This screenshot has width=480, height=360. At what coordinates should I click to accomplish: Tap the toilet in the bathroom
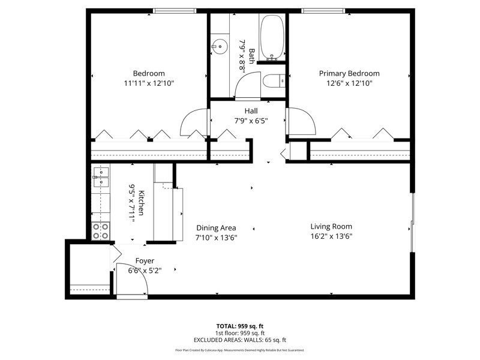274,81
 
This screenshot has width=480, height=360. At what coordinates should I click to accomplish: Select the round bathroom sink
220,47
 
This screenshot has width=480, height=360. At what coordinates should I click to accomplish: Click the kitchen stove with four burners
101,231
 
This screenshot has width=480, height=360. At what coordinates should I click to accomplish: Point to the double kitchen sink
101,177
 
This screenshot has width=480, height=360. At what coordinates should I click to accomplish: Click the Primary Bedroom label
349,73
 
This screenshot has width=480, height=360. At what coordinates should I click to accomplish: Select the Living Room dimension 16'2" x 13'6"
331,236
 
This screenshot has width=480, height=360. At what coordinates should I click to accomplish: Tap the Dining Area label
216,228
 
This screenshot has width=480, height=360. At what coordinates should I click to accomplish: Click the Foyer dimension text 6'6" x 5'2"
145,271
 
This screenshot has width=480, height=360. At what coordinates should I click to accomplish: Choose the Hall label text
251,111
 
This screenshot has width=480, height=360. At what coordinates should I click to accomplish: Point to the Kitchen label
141,203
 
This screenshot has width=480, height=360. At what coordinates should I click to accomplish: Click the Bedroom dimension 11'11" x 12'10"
149,83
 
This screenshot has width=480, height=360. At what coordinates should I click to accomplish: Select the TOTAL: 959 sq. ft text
240,326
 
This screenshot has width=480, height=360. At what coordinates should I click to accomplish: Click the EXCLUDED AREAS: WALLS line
240,340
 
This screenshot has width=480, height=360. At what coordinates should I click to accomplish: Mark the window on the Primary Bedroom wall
323,11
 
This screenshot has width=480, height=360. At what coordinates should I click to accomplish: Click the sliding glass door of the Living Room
413,223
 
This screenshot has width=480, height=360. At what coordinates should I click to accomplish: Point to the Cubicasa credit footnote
240,350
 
